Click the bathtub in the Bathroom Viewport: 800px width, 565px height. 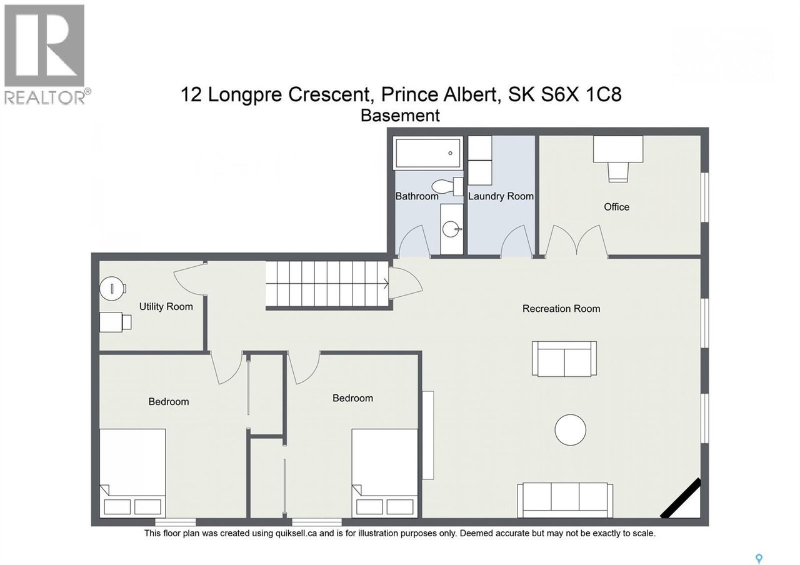(427, 153)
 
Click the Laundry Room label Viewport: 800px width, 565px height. (501, 196)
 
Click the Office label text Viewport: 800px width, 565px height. (616, 207)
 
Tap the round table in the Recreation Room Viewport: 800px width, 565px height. (571, 430)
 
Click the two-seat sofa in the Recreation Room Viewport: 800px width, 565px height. (564, 359)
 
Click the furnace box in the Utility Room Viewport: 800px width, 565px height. (116, 322)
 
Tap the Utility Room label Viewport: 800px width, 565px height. (166, 307)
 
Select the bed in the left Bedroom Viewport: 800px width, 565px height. (132, 471)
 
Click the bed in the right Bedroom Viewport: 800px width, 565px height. (384, 471)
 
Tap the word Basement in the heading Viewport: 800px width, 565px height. (401, 116)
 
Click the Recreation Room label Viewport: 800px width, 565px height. (561, 309)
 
